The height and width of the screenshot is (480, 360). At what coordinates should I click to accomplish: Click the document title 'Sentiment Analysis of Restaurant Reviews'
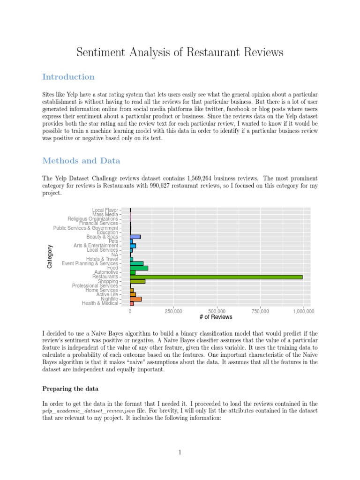click(180, 52)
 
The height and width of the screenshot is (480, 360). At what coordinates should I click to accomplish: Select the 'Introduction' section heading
click(68, 77)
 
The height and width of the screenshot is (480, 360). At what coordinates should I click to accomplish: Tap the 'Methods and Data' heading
click(81, 161)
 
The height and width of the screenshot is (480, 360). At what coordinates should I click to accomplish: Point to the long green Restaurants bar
click(216, 277)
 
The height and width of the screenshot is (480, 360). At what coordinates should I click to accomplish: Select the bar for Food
click(139, 268)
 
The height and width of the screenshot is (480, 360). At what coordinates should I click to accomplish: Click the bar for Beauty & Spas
click(135, 237)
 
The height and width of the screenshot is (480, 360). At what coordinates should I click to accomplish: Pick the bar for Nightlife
click(135, 299)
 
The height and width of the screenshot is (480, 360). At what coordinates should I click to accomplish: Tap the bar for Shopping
click(137, 281)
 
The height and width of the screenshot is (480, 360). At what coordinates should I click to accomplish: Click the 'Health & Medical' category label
click(100, 303)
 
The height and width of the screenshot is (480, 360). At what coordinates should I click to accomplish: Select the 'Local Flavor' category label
click(105, 210)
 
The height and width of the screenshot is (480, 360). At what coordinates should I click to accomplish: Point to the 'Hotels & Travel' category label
click(102, 259)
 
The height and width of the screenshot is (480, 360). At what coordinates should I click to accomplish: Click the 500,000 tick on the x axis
click(217, 311)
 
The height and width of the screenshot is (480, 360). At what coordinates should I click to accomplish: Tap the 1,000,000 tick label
click(303, 311)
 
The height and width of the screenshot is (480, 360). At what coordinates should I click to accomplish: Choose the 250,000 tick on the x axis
click(173, 311)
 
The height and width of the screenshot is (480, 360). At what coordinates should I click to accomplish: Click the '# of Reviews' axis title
click(216, 317)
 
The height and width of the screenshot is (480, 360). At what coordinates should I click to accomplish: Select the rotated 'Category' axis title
click(50, 257)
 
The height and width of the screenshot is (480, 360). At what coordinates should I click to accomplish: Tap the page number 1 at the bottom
click(180, 452)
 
